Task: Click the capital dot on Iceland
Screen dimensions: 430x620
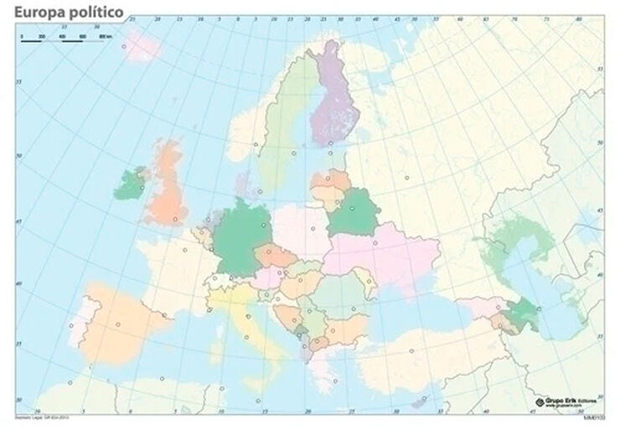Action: (x=125, y=47)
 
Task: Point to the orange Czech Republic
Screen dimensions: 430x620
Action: (x=276, y=254)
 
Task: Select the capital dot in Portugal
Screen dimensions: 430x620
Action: (x=71, y=326)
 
